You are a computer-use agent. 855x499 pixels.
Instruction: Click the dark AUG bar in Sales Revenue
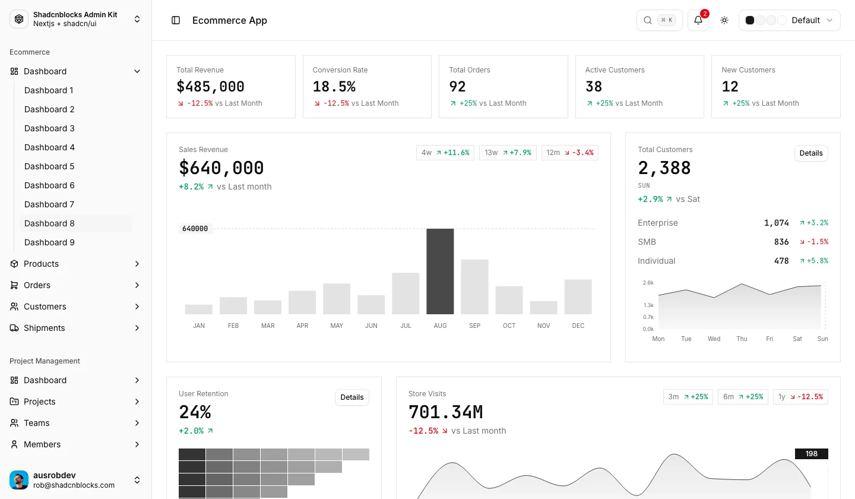click(440, 271)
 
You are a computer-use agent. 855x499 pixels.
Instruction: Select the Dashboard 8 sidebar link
click(49, 223)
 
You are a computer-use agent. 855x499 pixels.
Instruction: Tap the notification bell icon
click(698, 20)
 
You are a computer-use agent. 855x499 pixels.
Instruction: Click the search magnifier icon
click(647, 20)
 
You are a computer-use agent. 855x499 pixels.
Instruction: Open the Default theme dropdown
click(789, 20)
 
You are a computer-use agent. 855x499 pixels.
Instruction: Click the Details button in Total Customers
click(810, 153)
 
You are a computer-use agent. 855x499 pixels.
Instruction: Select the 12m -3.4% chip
click(569, 153)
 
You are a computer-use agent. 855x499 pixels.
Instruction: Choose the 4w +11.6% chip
click(445, 153)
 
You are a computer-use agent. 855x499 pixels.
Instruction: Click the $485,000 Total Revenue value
click(210, 87)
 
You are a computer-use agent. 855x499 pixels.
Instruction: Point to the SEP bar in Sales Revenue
click(474, 287)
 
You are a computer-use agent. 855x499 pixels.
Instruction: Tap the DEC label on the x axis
click(578, 326)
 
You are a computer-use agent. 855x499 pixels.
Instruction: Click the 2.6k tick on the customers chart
click(648, 283)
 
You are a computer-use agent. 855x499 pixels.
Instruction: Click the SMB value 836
click(781, 242)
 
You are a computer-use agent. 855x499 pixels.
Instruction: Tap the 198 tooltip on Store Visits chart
click(812, 454)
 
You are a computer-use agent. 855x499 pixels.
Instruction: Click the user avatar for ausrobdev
click(19, 480)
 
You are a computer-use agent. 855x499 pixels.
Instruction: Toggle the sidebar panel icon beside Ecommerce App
click(176, 20)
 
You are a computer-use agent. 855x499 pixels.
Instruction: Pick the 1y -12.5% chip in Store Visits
click(800, 397)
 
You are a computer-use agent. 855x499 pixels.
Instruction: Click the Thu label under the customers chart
click(742, 339)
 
